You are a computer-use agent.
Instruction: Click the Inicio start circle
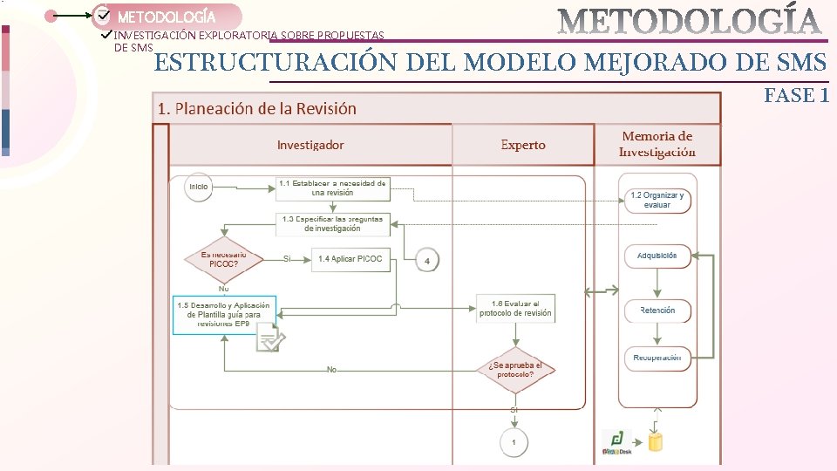click(199, 188)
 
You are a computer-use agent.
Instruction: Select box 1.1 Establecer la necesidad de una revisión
click(332, 188)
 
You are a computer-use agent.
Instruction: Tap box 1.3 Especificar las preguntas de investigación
click(332, 224)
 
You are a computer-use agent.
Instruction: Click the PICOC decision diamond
click(224, 260)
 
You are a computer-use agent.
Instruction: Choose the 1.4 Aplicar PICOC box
click(350, 259)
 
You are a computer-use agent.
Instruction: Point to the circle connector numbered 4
click(426, 260)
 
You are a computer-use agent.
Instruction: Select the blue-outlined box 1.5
click(224, 315)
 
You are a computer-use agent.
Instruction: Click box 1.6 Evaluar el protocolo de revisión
click(515, 308)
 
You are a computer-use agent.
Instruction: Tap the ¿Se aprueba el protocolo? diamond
click(515, 370)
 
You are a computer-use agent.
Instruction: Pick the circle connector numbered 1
click(514, 442)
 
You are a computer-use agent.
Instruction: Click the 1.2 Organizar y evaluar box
click(657, 200)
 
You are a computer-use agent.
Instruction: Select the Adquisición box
click(657, 256)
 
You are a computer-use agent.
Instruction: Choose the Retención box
click(657, 311)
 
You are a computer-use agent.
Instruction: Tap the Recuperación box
click(657, 358)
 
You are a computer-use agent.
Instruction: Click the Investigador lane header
click(310, 145)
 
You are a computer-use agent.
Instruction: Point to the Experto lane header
click(523, 145)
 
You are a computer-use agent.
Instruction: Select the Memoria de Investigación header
click(657, 144)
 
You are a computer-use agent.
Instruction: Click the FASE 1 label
click(795, 96)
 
